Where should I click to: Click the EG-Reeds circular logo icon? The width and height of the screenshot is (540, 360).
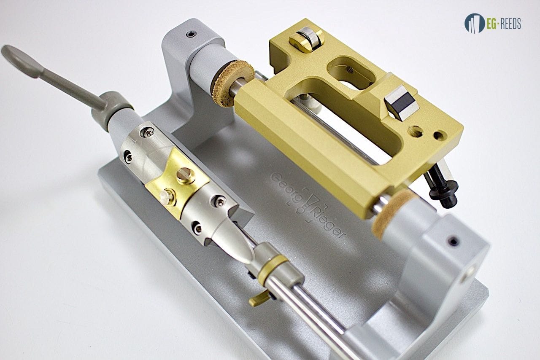tap(475, 23)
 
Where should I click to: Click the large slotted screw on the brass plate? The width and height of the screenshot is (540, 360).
tap(186, 176)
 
